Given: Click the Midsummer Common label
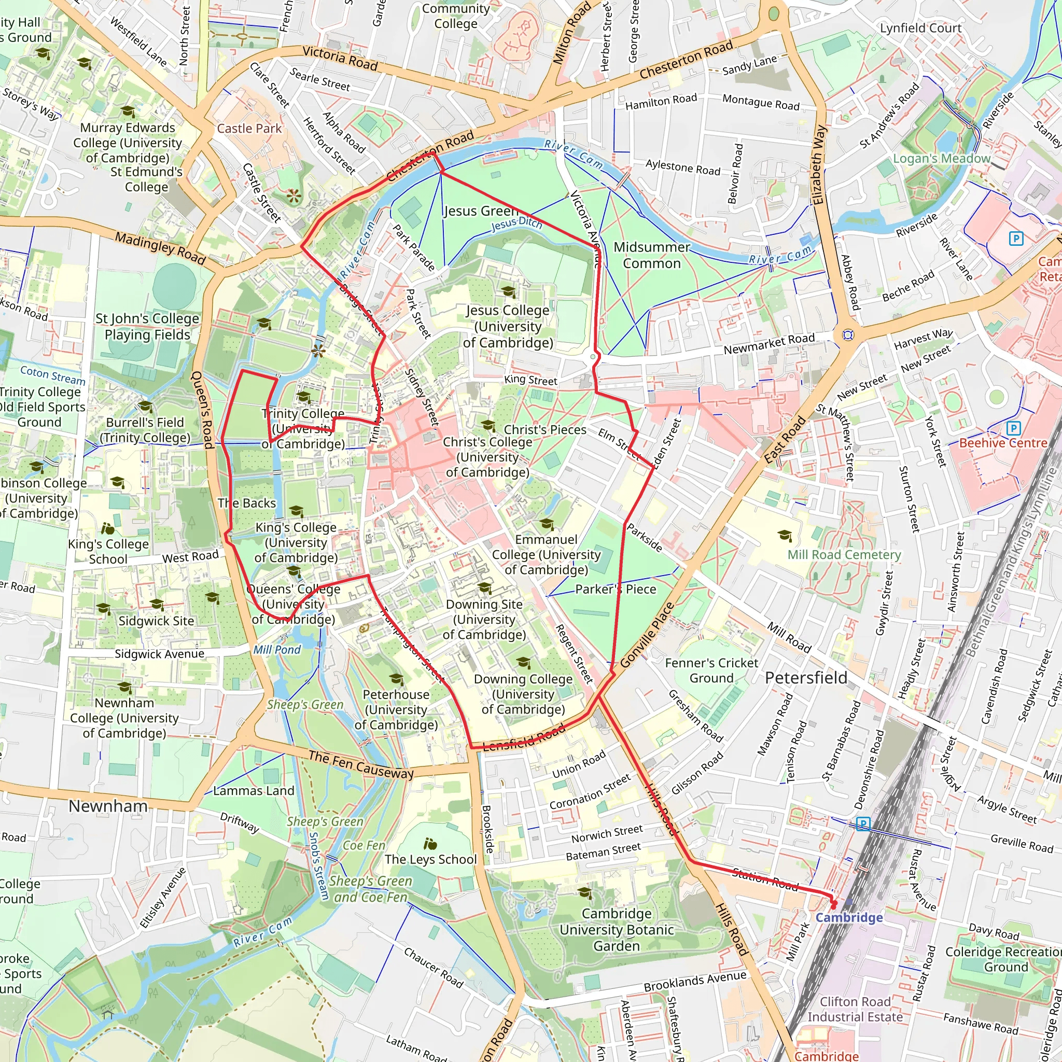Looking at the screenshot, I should pos(651,255).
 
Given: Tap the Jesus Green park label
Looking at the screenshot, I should pos(480,211).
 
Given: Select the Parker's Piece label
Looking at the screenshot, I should pos(615,589).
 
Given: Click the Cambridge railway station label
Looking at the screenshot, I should pos(849,917).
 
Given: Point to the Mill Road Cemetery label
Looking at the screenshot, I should pos(844,555).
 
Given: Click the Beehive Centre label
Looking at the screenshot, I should pos(1003,443).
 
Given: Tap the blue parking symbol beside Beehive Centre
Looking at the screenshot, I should pos(1013,428).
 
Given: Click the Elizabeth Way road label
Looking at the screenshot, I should pos(818,165).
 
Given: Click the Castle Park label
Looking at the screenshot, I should pos(249,129).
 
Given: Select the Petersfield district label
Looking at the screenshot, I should pos(806,678).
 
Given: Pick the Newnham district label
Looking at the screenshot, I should pos(108,806).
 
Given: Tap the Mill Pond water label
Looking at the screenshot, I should pos(276,650).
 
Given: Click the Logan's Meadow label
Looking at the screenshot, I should pos(941,159).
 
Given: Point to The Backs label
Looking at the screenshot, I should pos(246,503).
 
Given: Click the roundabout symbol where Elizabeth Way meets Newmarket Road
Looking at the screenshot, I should pos(848,335).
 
